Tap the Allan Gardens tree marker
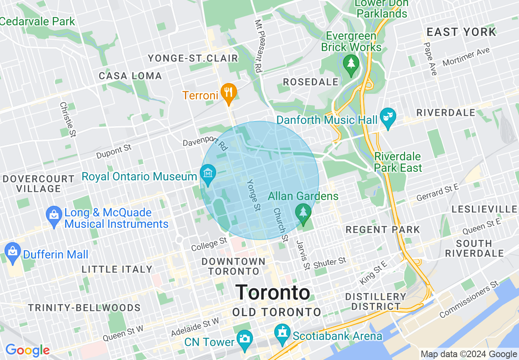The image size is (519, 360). coord(303,212)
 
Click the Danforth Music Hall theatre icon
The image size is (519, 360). coord(387,117)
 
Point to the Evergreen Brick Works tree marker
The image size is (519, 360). coord(351,63)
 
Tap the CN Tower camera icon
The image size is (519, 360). coord(245,338)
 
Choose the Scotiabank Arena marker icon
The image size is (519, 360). coord(282,332)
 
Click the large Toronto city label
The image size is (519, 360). coord(273,292)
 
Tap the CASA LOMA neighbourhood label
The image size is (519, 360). coord(130,76)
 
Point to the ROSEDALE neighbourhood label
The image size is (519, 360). coord(311,82)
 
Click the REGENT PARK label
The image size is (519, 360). coord(383,229)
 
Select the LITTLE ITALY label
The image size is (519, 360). coord(117,269)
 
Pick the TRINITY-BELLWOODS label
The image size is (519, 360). coord(84,308)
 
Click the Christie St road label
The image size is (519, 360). coord(68,120)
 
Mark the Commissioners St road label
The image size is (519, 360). coord(469,299)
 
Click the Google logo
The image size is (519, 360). coord(27,351)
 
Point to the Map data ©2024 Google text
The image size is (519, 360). coord(469,354)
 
